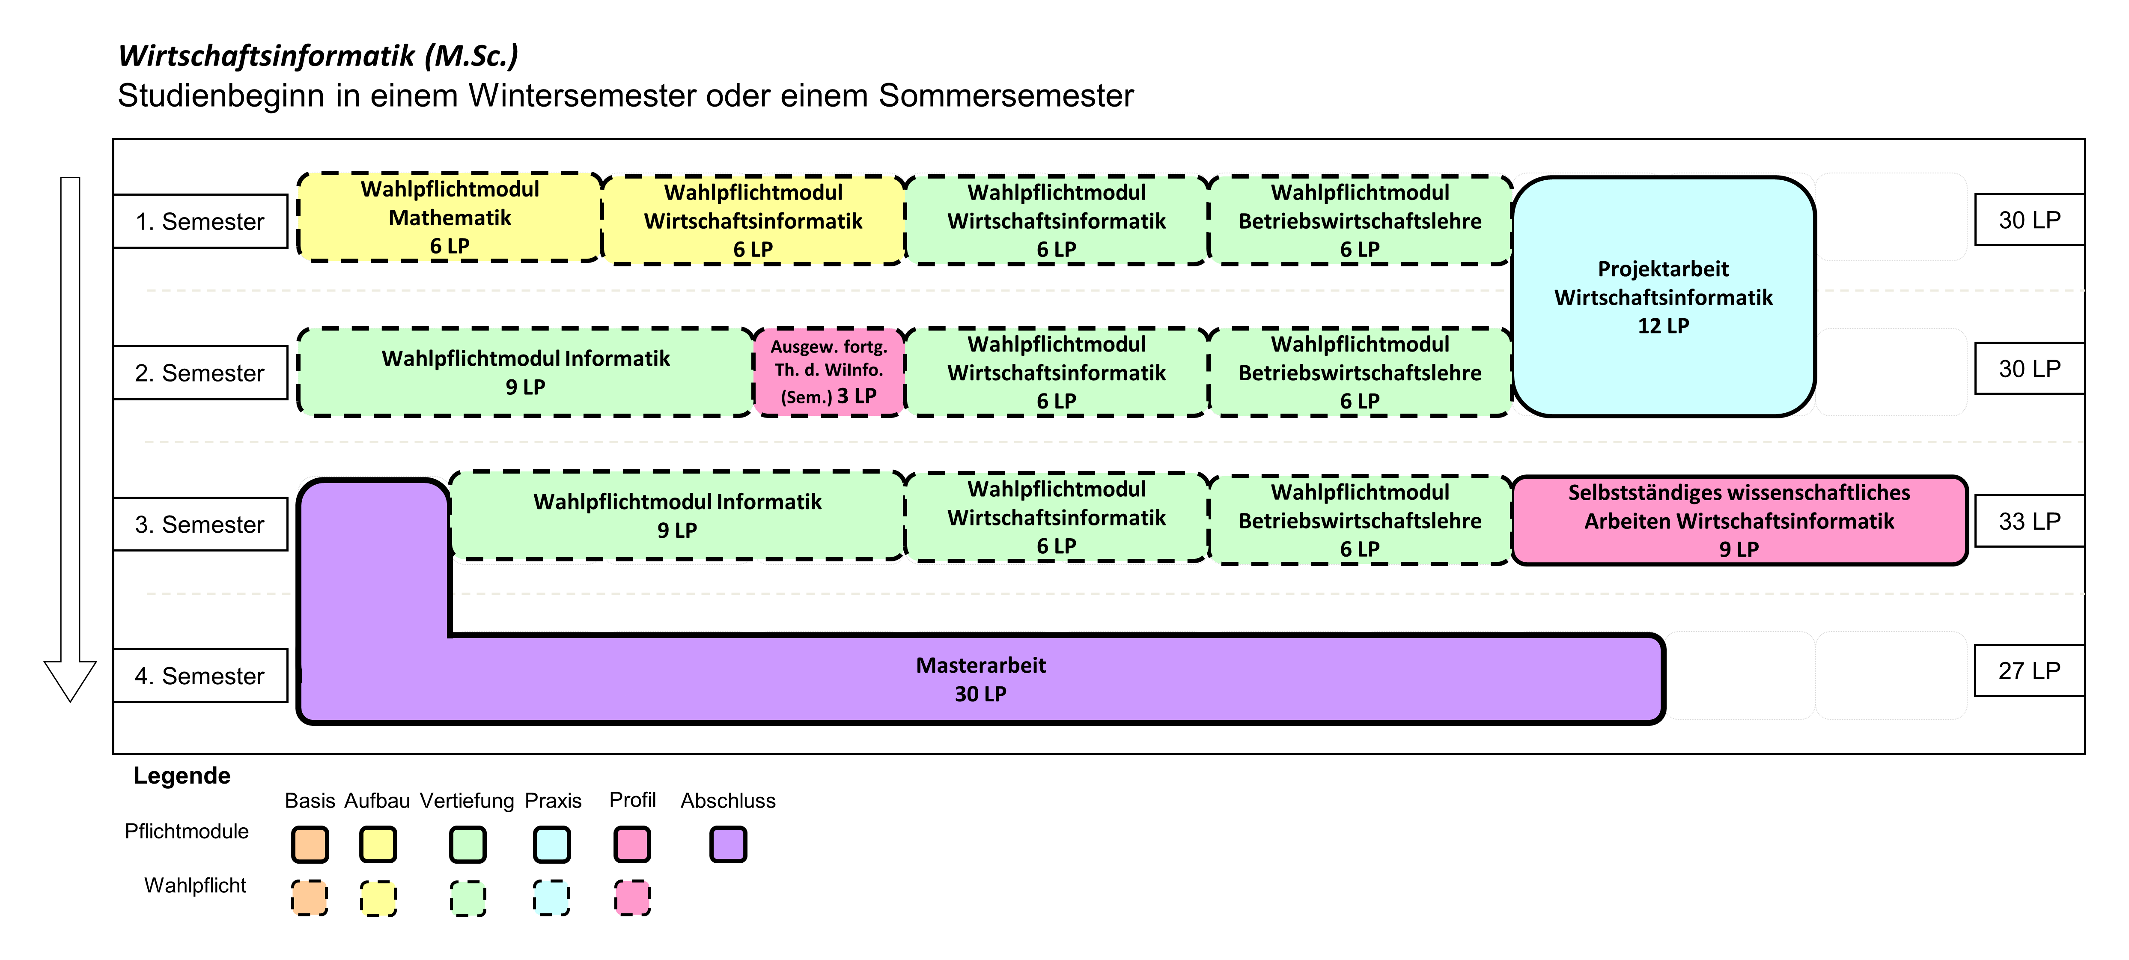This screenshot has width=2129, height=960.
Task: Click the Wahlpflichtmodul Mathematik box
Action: [x=450, y=218]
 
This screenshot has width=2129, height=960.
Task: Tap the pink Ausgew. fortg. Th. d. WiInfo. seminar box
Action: [x=829, y=372]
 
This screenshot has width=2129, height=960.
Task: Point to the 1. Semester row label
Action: [x=200, y=222]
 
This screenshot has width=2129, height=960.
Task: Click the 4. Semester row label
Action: [x=200, y=676]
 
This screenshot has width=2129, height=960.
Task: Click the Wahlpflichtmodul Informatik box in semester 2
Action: [x=526, y=372]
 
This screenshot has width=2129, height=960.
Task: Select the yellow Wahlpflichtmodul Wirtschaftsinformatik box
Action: [x=754, y=220]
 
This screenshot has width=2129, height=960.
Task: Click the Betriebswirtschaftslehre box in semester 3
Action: [x=1361, y=520]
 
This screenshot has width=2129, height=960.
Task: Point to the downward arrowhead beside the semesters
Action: [x=70, y=681]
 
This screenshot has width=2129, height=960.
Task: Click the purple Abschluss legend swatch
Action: [x=728, y=844]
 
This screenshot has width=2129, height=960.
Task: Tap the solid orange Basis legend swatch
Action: [x=310, y=844]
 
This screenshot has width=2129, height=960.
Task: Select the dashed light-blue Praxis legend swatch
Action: [x=551, y=898]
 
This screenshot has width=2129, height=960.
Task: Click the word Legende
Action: [x=182, y=775]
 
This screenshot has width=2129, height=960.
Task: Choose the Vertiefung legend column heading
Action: [x=467, y=800]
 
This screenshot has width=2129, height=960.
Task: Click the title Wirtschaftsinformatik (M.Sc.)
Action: [x=318, y=55]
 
